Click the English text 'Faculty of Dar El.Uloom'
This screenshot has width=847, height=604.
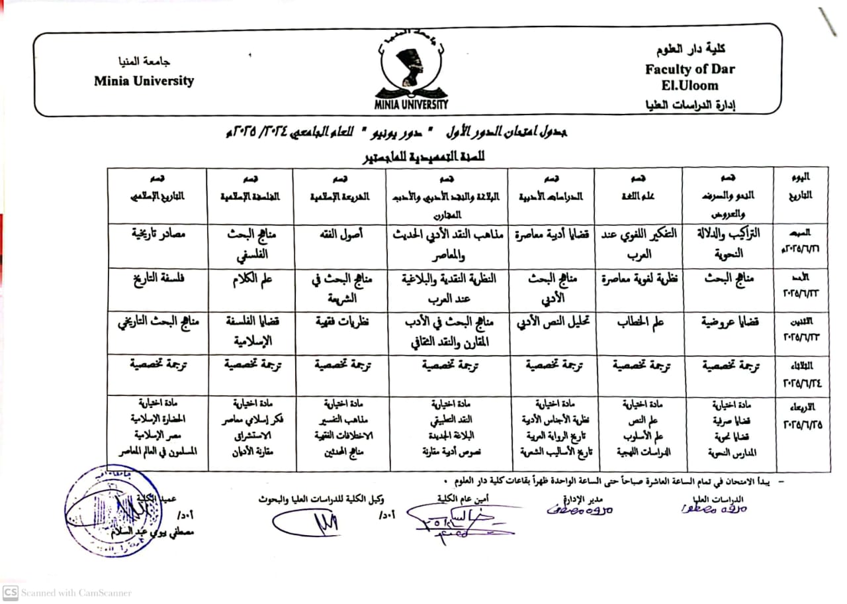pyautogui.click(x=690, y=77)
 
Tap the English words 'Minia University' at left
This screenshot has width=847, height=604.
pyautogui.click(x=144, y=81)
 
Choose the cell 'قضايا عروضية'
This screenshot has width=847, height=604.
pyautogui.click(x=730, y=323)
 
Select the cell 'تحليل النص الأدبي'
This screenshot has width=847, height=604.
pyautogui.click(x=551, y=323)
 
